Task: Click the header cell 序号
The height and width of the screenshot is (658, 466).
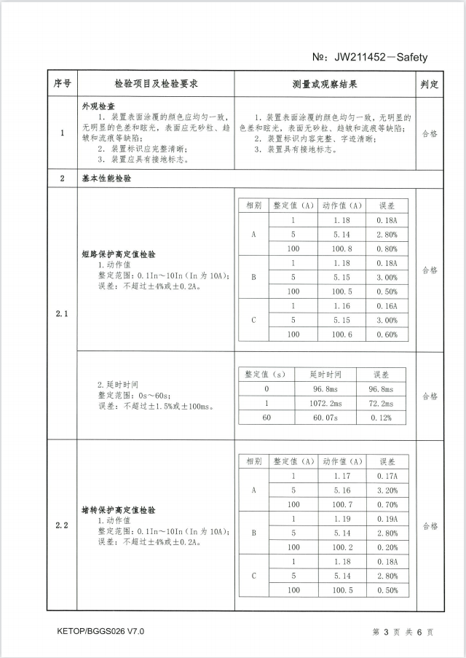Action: (62, 84)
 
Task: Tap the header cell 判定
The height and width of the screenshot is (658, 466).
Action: (430, 84)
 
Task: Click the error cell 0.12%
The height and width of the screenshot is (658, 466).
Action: (382, 417)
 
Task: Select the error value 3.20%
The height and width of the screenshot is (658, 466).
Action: (387, 490)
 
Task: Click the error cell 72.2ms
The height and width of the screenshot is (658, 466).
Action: (382, 403)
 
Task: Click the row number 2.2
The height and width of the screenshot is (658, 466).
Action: (62, 525)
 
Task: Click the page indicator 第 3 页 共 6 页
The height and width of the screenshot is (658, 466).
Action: (403, 632)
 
